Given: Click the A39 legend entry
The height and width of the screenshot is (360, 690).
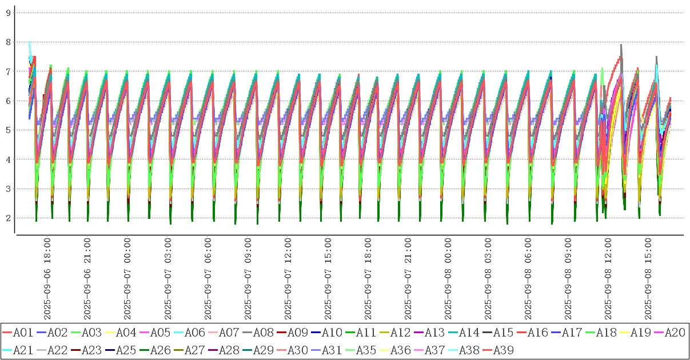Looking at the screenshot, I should coord(503,350).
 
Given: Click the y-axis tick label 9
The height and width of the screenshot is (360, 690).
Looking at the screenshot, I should coord(8,13).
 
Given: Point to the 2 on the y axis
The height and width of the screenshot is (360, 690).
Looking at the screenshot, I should coord(8,218).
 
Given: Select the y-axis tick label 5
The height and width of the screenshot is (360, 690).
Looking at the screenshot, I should coord(8,130).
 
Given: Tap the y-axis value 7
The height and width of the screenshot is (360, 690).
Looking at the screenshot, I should coord(8,71).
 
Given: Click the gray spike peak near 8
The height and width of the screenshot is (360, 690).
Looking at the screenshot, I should coord(621,45).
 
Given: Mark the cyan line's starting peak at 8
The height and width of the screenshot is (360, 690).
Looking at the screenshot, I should coord(29,42).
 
